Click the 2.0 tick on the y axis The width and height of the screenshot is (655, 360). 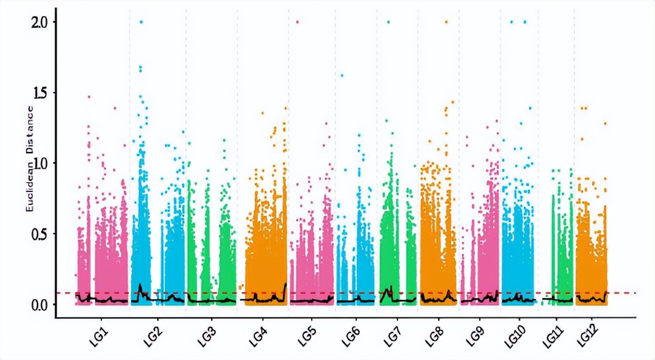point(40,22)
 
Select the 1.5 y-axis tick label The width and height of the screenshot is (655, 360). point(40,92)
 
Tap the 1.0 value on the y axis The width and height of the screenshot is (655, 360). point(40,163)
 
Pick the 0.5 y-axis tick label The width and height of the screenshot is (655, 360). point(40,234)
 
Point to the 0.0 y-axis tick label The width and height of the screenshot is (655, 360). point(40,304)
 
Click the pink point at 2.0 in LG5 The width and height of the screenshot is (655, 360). point(297,22)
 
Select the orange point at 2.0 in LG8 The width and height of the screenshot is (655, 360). point(446,22)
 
